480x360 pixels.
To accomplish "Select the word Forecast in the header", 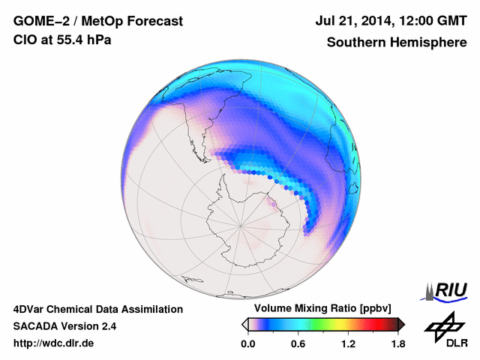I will (x=154, y=22).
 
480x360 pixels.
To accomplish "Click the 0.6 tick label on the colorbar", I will (x=298, y=343).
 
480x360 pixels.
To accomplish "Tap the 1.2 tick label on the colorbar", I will (x=348, y=343).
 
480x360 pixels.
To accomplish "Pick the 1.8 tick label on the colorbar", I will (x=397, y=343).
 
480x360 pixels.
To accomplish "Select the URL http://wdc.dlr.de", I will (x=54, y=343).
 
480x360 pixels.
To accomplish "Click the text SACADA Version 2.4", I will (x=64, y=326).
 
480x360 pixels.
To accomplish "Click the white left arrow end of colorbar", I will (x=245, y=324).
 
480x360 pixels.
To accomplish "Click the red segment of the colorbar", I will (x=367, y=324).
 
